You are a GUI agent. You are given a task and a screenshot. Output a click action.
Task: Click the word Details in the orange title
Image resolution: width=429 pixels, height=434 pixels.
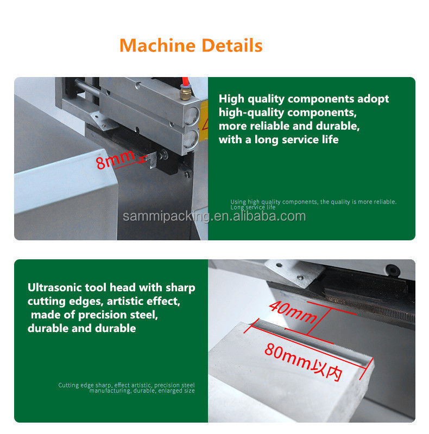(232, 46)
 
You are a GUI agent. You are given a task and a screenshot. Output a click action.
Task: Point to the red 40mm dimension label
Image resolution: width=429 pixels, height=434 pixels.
(293, 311)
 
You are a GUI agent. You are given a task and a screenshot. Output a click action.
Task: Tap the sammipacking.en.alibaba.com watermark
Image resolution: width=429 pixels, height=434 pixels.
(214, 216)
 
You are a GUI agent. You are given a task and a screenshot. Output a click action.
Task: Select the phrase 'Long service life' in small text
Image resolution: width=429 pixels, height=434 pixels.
(253, 207)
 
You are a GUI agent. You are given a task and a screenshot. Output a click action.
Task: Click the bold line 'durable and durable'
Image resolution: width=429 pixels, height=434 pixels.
(82, 328)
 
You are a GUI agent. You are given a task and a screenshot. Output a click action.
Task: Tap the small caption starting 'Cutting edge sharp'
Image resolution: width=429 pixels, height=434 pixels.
(127, 388)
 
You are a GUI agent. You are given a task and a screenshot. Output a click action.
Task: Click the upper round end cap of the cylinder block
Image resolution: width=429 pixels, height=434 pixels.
(192, 116)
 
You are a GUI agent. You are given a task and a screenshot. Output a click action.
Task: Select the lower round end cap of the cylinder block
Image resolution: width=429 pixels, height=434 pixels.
(191, 138)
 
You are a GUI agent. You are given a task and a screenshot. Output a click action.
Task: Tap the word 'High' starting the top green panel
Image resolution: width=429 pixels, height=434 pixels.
(232, 99)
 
